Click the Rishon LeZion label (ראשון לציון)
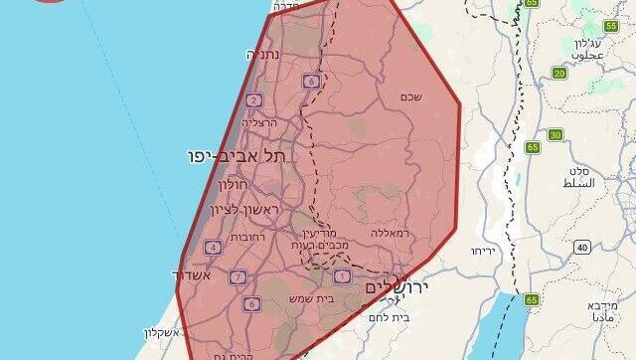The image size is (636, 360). (x=247, y=210)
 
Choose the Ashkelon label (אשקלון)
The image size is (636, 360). (x=164, y=332)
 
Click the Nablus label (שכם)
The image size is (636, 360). (x=410, y=96)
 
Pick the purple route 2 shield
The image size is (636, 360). (x=253, y=99)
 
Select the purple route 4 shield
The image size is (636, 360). (x=213, y=247)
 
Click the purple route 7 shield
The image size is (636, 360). (x=238, y=276)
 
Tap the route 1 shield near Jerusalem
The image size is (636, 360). (x=342, y=275)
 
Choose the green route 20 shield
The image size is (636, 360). (x=559, y=74)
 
